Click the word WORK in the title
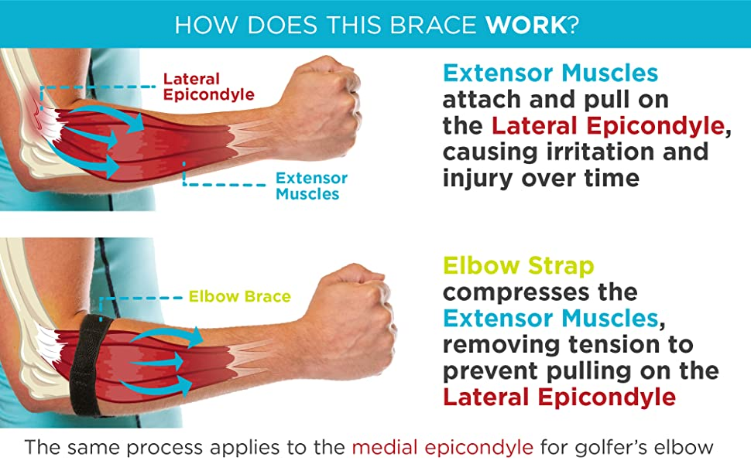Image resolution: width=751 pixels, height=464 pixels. (526, 25)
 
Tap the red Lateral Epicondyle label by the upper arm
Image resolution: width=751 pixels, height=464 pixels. (208, 87)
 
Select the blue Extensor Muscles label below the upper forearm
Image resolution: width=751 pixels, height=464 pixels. (311, 186)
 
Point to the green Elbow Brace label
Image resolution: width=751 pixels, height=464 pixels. (239, 297)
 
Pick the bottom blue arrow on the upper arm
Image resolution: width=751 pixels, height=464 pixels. (85, 161)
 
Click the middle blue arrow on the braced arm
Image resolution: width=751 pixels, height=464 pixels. (156, 362)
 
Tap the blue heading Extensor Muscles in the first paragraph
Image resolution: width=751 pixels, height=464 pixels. (550, 73)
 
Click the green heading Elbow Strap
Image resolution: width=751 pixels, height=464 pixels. (519, 266)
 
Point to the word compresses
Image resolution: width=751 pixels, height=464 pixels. (516, 293)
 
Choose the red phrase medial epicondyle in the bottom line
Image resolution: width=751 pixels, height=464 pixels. (443, 448)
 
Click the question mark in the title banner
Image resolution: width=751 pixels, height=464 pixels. (573, 25)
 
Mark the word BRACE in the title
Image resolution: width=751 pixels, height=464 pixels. (434, 25)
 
